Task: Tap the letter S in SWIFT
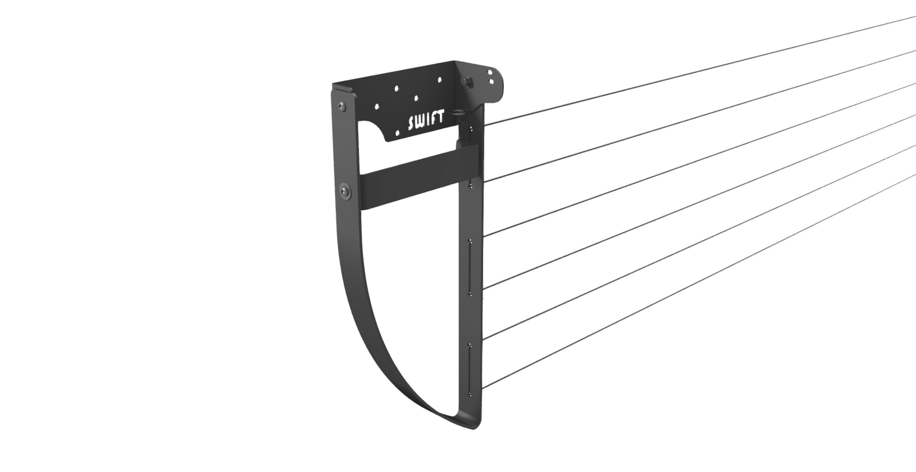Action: (411, 124)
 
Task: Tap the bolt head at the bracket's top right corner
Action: (469, 81)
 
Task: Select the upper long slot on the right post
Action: (471, 267)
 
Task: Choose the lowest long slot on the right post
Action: (471, 369)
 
